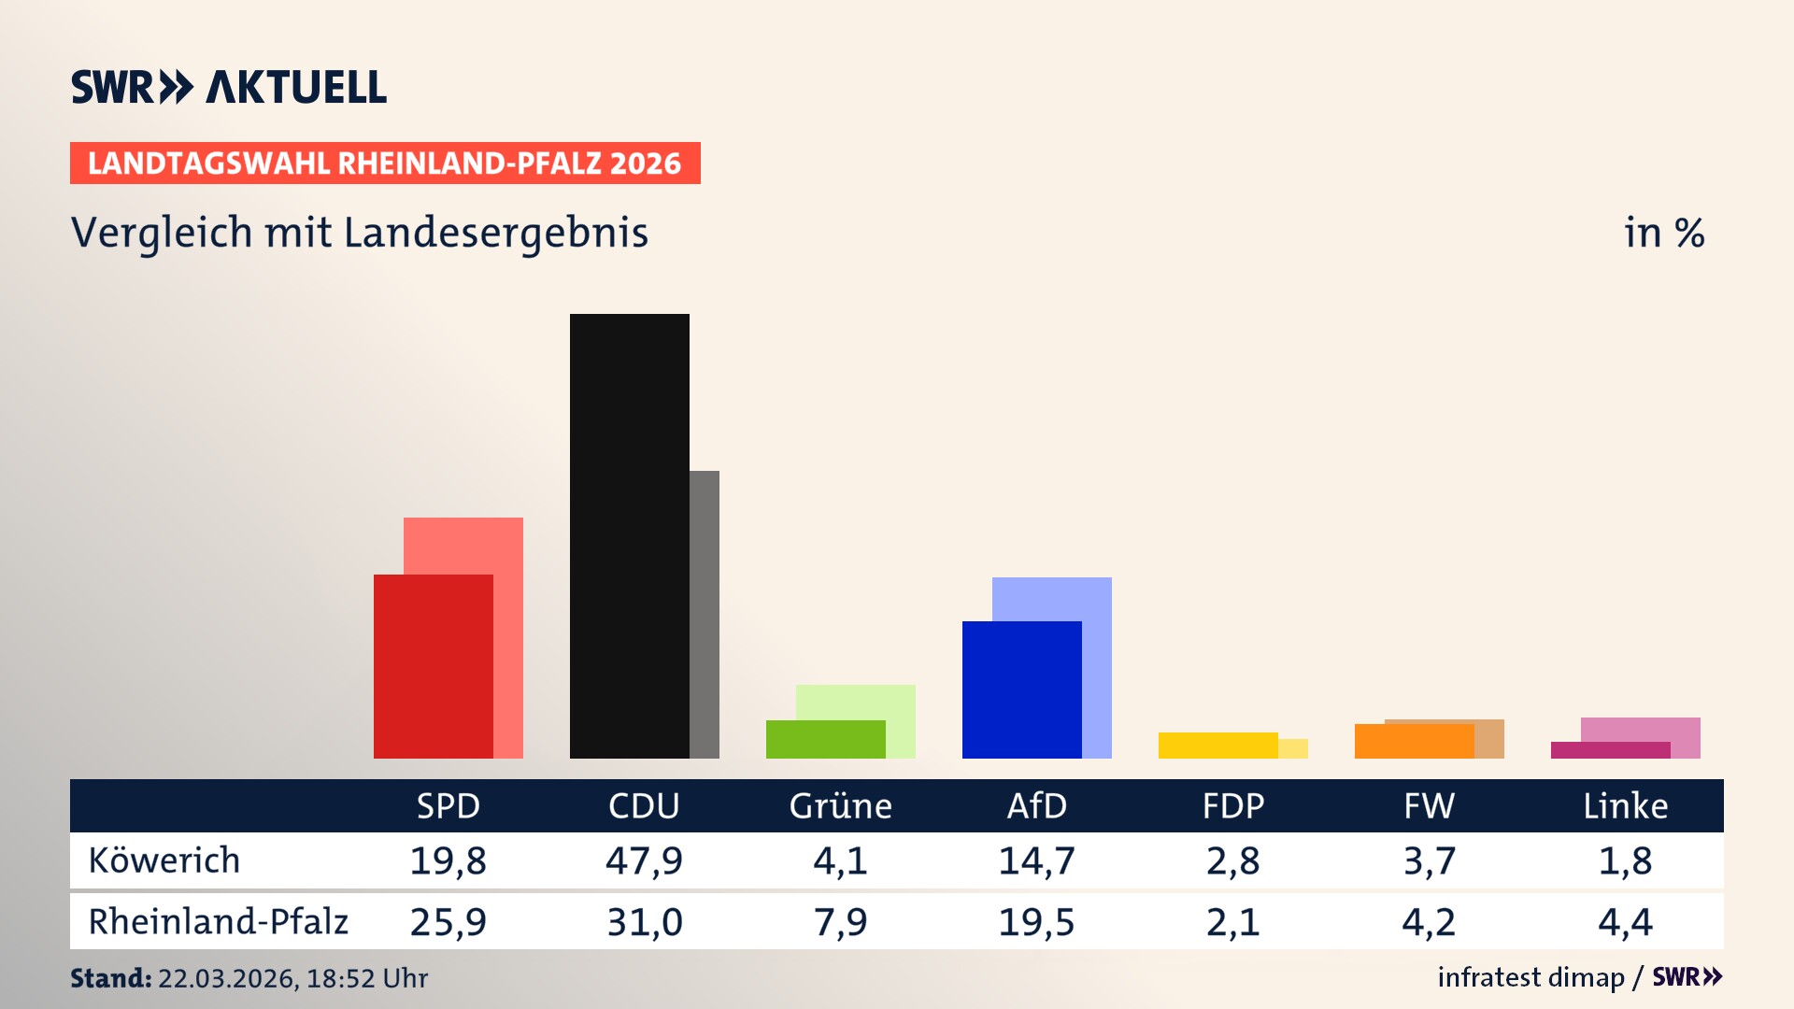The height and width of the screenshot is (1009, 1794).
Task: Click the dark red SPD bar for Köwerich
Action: coord(433,665)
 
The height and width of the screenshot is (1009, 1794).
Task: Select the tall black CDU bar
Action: coord(629,535)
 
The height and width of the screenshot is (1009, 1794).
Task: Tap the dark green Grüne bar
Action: coord(825,739)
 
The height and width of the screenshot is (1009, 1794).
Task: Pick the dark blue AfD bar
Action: coord(1021,689)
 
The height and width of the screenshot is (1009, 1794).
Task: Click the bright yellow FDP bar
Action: coord(1217,746)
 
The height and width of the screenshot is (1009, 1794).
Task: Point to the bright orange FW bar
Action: coord(1414,741)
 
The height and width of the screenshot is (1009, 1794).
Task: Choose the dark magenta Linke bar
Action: coord(1610,750)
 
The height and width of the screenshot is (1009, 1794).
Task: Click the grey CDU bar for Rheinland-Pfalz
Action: coord(705,614)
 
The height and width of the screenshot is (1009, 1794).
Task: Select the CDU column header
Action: coord(644,805)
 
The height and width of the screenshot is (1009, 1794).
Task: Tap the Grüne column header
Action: coord(840,805)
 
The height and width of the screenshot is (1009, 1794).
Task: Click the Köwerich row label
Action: coord(164,860)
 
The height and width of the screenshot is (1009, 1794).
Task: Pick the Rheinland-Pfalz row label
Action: coord(218,921)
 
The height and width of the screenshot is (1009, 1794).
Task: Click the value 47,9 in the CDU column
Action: coord(644,860)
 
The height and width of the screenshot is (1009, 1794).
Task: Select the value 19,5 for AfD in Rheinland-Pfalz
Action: coord(1036,922)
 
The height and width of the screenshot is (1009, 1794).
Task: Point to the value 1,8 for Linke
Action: coord(1625,860)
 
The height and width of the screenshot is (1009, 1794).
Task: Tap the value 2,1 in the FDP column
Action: coord(1232,922)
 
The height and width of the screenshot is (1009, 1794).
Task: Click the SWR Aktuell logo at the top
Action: coord(229,87)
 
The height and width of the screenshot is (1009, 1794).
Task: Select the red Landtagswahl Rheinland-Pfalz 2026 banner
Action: coord(385,163)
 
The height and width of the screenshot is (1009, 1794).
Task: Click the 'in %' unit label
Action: coord(1663,233)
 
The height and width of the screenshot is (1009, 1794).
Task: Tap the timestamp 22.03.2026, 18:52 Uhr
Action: coord(292,978)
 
